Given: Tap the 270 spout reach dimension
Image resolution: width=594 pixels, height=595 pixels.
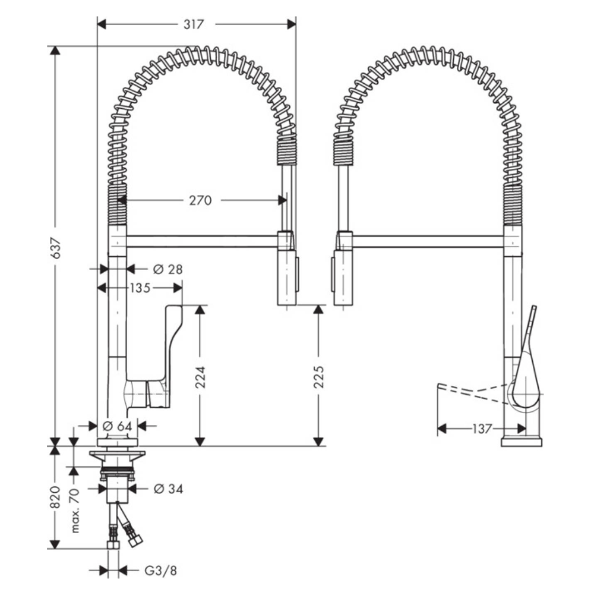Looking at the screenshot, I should pyautogui.click(x=201, y=201).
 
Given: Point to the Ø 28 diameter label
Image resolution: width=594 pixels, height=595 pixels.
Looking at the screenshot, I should pyautogui.click(x=168, y=269).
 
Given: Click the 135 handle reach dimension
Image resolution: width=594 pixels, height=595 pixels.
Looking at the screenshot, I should pyautogui.click(x=140, y=288).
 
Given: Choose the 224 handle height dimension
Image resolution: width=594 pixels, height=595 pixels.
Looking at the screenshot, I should pyautogui.click(x=201, y=376).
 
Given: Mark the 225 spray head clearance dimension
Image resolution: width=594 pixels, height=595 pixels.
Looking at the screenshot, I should pyautogui.click(x=319, y=376).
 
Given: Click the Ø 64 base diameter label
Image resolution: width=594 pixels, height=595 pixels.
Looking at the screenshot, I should pyautogui.click(x=116, y=426).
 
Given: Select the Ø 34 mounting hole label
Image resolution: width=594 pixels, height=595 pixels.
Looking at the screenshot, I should pyautogui.click(x=168, y=489).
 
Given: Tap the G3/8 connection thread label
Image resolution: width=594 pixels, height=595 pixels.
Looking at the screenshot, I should pyautogui.click(x=161, y=571).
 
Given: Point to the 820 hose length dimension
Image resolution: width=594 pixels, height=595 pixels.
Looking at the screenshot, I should pyautogui.click(x=55, y=498).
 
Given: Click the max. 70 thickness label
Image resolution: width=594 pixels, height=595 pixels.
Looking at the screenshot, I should pyautogui.click(x=75, y=511).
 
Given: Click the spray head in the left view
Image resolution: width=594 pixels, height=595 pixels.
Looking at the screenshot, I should pyautogui.click(x=287, y=276).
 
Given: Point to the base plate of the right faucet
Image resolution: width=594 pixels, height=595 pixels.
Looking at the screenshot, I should pyautogui.click(x=522, y=442).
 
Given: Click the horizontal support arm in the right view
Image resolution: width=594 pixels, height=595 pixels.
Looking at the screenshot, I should pyautogui.click(x=428, y=241).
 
